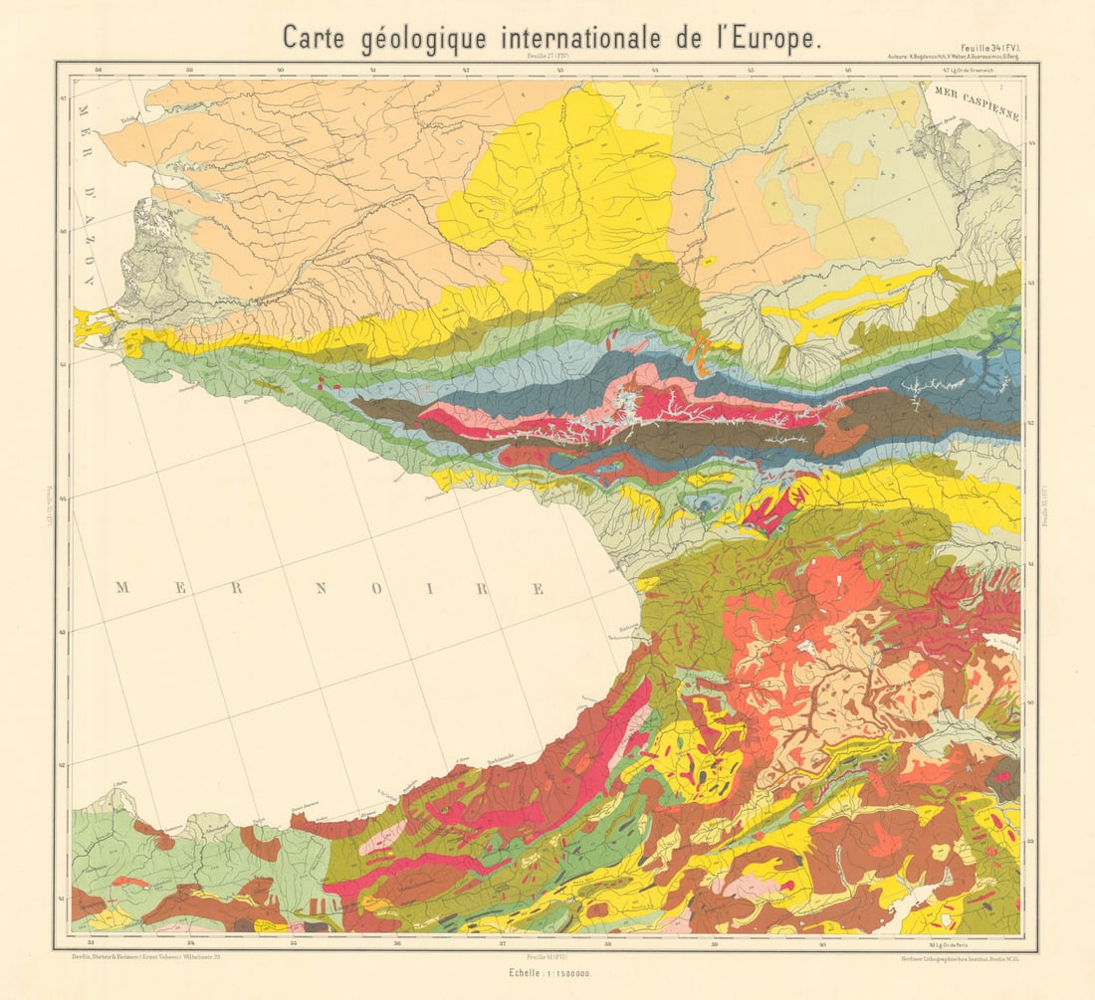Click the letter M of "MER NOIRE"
(123, 588)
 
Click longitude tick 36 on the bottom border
(397, 940)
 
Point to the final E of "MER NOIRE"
(540, 588)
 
